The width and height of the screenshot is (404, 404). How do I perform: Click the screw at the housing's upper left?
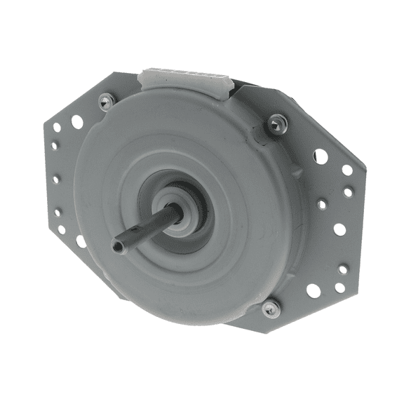click(105, 102)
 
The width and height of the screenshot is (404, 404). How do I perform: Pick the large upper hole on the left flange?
click(76, 122)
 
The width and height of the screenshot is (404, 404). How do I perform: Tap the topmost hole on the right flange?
click(320, 156)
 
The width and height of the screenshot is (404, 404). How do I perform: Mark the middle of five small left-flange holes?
click(55, 179)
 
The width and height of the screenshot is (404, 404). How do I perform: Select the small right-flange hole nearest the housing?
click(321, 204)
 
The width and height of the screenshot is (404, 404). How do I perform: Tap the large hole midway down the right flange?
click(339, 229)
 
